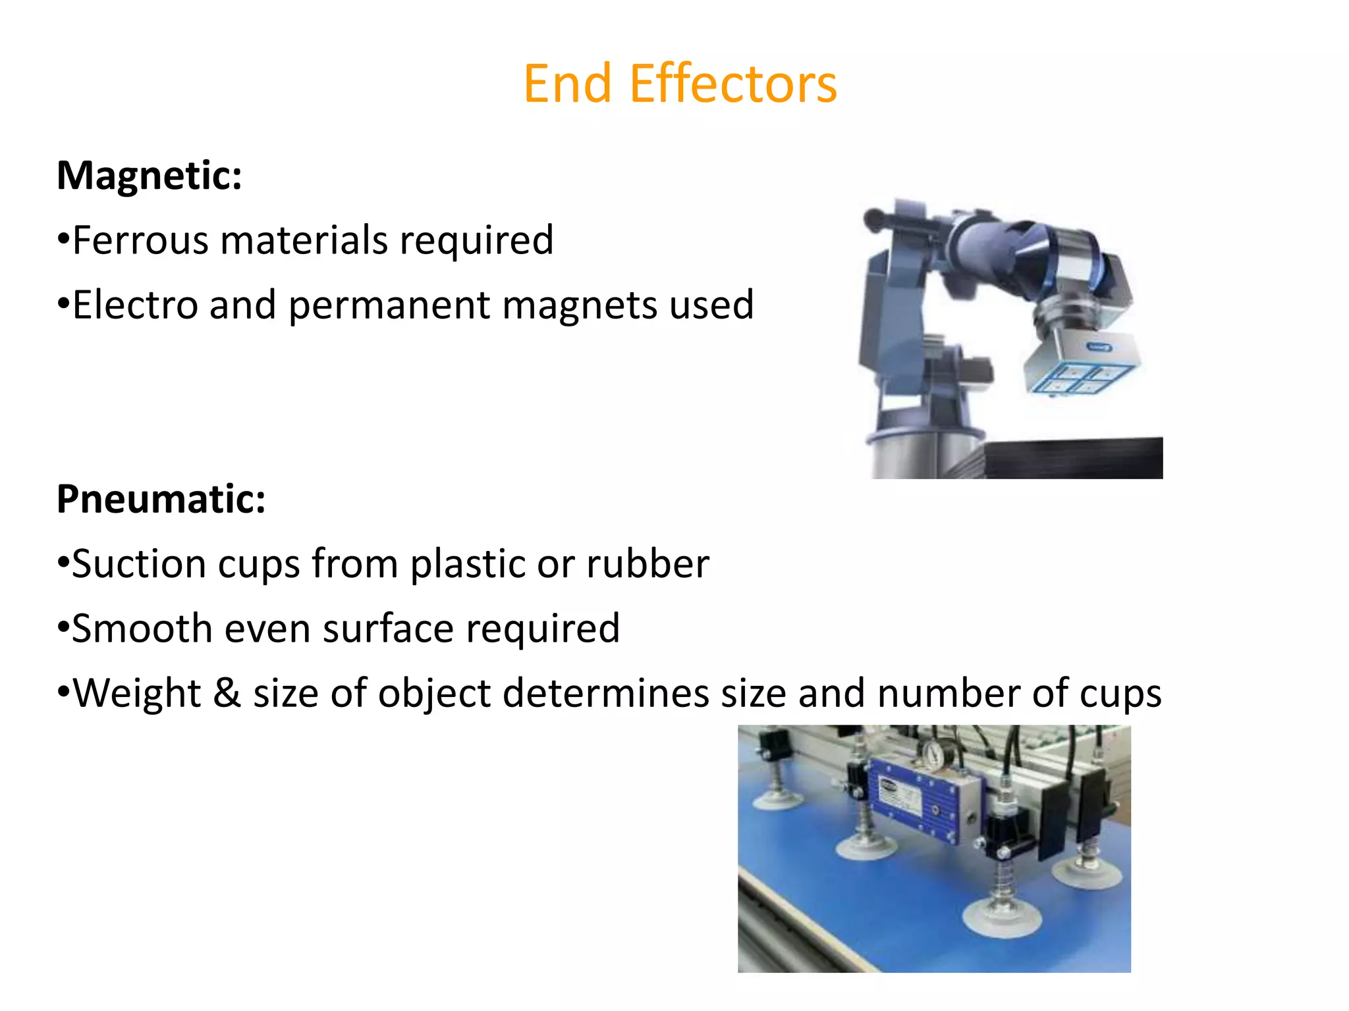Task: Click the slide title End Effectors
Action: tap(680, 84)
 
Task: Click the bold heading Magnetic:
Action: tap(150, 176)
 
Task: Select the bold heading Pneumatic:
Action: tap(161, 499)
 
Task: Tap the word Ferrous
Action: tap(139, 240)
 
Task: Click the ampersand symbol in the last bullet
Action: tap(227, 693)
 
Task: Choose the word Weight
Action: tap(136, 693)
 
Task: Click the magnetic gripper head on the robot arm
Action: tap(1080, 366)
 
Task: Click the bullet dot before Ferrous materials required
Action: tap(63, 238)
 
